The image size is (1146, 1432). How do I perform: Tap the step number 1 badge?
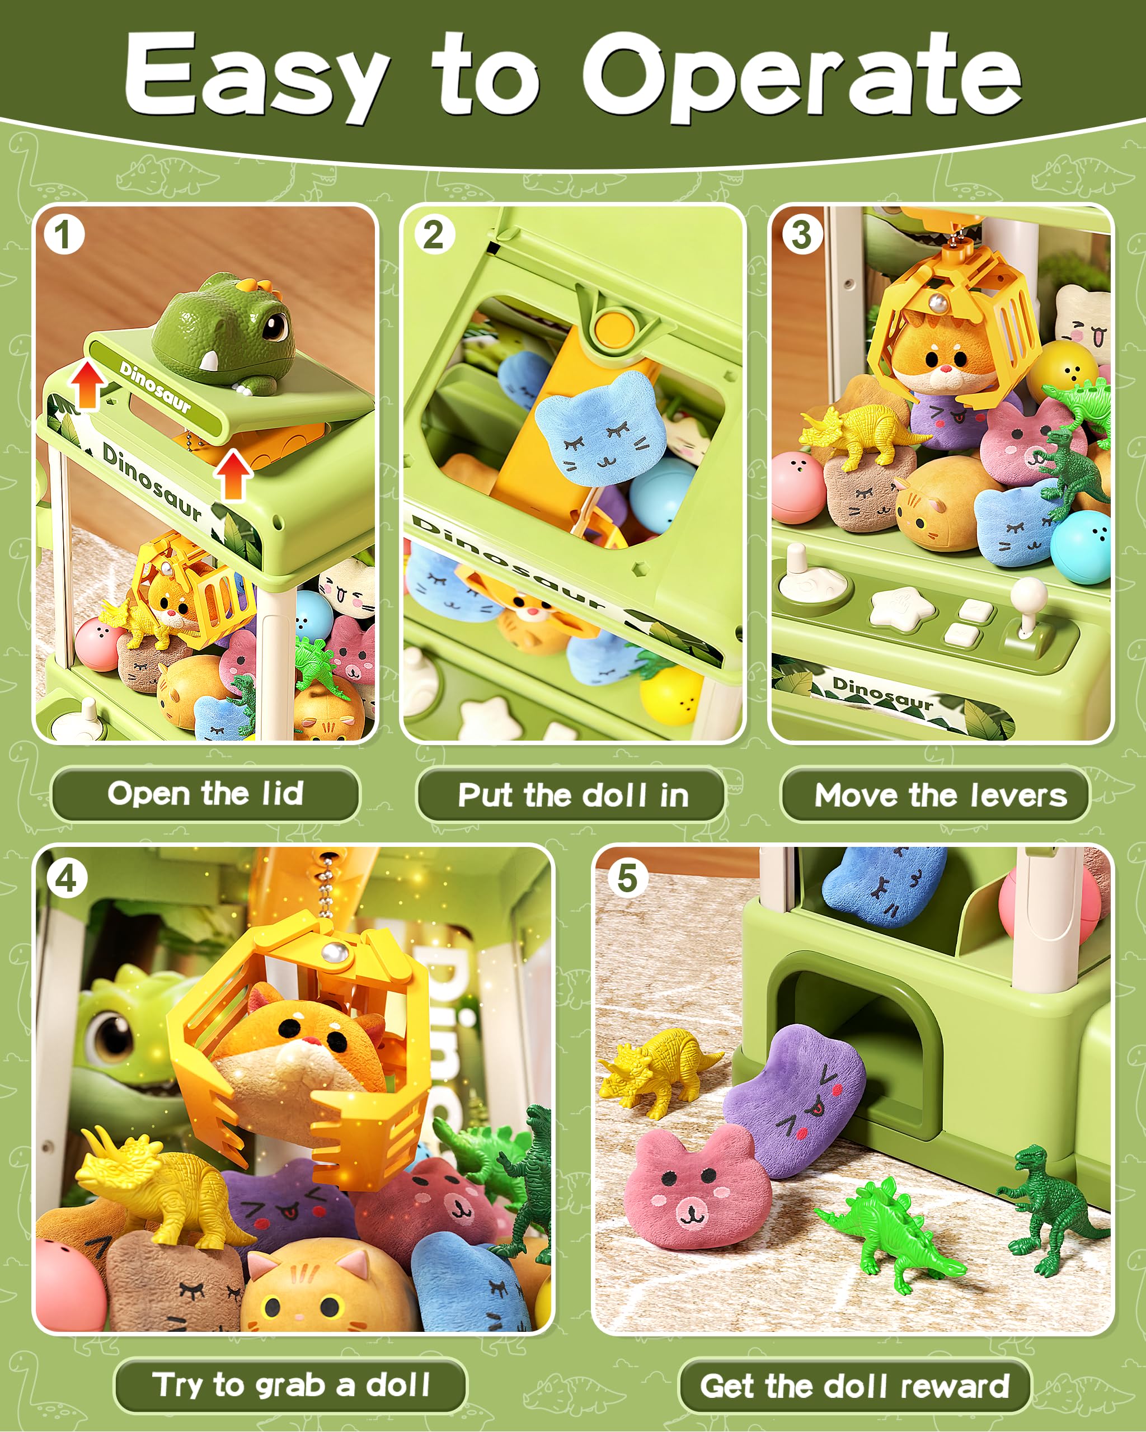click(63, 234)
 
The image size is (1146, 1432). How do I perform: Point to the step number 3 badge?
click(802, 234)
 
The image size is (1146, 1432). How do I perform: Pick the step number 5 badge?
click(627, 879)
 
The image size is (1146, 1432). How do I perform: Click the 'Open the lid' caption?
click(205, 794)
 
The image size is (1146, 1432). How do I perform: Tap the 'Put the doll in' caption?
click(572, 795)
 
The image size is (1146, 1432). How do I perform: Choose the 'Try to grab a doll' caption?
click(291, 1386)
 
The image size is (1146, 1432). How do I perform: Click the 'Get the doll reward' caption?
click(854, 1386)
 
